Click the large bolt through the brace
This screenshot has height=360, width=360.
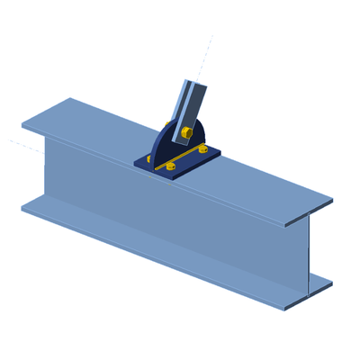[x=185, y=133]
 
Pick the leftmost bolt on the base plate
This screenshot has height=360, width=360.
[x=148, y=159]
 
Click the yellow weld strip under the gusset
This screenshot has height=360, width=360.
[x=184, y=159]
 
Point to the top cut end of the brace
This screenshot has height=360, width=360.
[x=194, y=83]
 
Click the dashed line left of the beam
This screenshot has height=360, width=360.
[x=20, y=142]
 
